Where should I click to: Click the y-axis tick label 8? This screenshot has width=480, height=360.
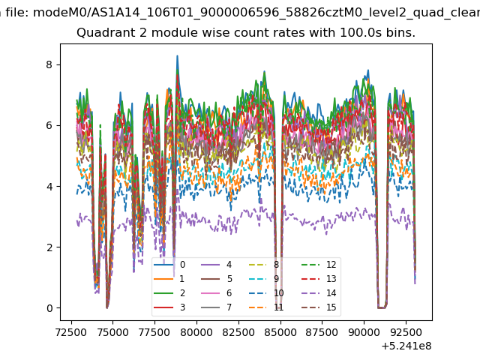coord(49,65)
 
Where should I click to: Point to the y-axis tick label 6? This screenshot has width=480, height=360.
coord(49,125)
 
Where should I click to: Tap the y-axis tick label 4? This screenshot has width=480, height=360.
coord(49,187)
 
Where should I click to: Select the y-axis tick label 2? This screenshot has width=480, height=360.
coord(49,247)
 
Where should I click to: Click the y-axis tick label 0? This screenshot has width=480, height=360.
coord(49,308)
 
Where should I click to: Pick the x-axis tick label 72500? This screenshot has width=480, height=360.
coord(71,332)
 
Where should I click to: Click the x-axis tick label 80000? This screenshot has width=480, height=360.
coord(196,332)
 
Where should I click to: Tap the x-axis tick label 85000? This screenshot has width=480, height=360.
coord(280,332)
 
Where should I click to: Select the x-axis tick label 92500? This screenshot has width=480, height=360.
coord(406,332)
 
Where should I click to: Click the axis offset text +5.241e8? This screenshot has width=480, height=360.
coord(406,346)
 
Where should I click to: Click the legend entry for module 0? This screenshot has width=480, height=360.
coord(169,265)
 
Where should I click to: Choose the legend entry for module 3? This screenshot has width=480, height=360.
coord(169,307)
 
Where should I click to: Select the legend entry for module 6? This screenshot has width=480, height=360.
coord(216,293)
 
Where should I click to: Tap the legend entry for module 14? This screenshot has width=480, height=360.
coord(319,293)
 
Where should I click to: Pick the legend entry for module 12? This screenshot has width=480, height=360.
coord(319,265)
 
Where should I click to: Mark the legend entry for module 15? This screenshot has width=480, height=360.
coord(319,307)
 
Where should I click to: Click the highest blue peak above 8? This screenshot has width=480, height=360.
coord(177,56)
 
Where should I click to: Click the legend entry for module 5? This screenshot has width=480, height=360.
coord(216,278)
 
